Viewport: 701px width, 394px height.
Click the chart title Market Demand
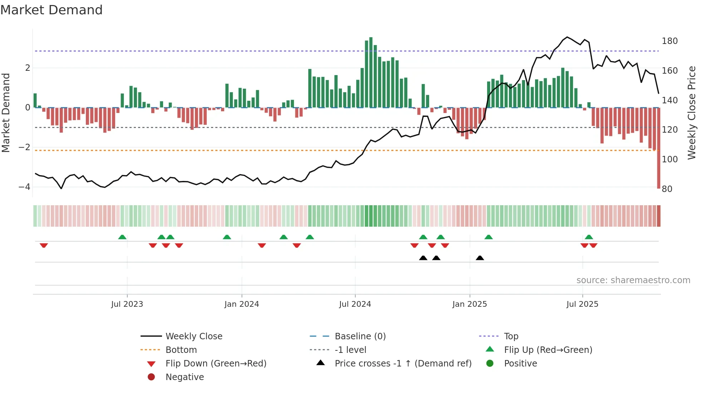point(52,10)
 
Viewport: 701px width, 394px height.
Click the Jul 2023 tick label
point(127,304)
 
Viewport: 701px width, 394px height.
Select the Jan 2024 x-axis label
point(241,304)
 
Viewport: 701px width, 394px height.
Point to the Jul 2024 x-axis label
point(355,304)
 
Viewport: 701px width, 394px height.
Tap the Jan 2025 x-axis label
point(469,304)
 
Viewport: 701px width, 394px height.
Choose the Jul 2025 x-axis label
point(582,304)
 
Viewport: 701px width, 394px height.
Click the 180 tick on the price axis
point(670,41)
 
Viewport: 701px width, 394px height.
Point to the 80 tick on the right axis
point(667,189)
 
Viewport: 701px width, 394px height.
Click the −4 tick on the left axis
point(24,187)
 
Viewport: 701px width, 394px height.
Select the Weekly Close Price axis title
point(692,113)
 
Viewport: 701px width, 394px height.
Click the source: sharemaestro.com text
point(633,280)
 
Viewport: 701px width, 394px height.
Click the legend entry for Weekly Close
point(193,336)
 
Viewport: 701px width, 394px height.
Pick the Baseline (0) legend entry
point(360,336)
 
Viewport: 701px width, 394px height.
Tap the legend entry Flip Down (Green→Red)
point(216,364)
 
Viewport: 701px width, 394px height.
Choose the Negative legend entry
point(185,377)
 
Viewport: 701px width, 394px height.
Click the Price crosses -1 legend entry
point(403,364)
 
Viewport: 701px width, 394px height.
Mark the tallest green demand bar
point(371,72)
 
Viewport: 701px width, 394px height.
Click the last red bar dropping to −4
point(658,150)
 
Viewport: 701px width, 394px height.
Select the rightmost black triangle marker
point(480,258)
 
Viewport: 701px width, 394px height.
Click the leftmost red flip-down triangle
point(44,245)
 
